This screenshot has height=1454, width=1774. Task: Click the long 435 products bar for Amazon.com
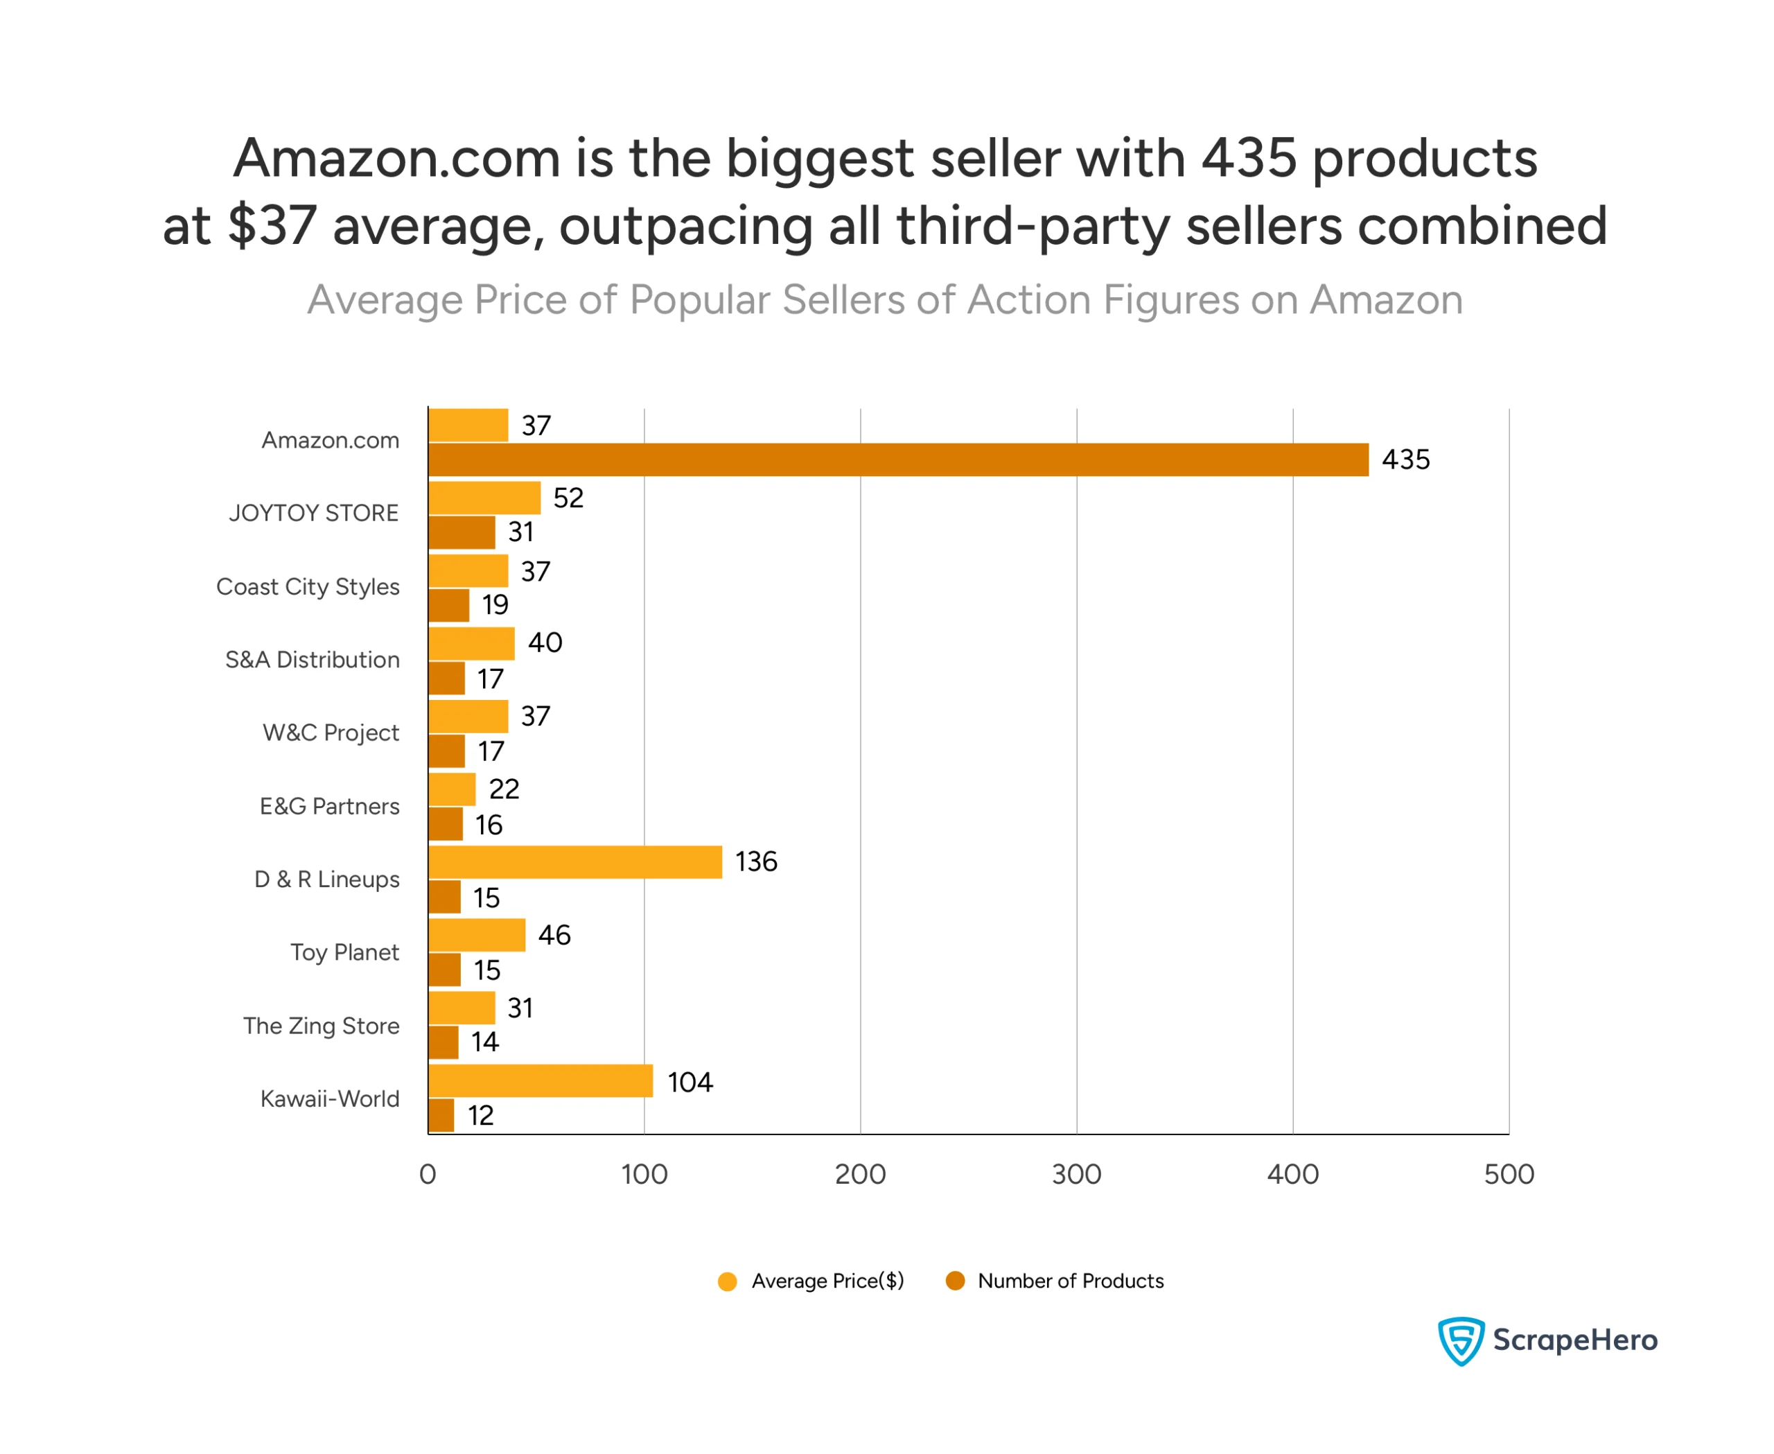pyautogui.click(x=898, y=459)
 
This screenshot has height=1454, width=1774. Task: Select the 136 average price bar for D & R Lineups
pyautogui.click(x=574, y=862)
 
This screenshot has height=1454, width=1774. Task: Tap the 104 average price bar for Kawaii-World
pyautogui.click(x=541, y=1080)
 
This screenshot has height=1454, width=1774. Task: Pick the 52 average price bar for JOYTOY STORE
pyautogui.click(x=484, y=498)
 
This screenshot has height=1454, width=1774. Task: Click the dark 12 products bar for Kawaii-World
pyautogui.click(x=441, y=1115)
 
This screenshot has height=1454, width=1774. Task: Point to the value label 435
pyautogui.click(x=1405, y=459)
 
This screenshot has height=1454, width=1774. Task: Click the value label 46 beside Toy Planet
pyautogui.click(x=554, y=935)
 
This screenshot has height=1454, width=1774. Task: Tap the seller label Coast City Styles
pyautogui.click(x=308, y=586)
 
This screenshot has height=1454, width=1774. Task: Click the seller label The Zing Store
pyautogui.click(x=321, y=1025)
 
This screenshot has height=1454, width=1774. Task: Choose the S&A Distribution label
pyautogui.click(x=312, y=659)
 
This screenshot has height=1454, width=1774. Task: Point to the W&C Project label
pyautogui.click(x=331, y=732)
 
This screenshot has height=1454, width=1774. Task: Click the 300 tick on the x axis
pyautogui.click(x=1076, y=1174)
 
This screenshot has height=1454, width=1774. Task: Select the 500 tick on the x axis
pyautogui.click(x=1509, y=1174)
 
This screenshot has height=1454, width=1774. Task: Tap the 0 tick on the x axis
pyautogui.click(x=428, y=1174)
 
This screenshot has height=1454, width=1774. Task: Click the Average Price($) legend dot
pyautogui.click(x=727, y=1281)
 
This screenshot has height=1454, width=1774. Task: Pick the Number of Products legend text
pyautogui.click(x=1071, y=1281)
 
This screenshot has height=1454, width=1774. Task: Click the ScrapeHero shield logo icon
pyautogui.click(x=1461, y=1340)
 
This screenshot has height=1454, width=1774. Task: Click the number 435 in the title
pyautogui.click(x=1248, y=157)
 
